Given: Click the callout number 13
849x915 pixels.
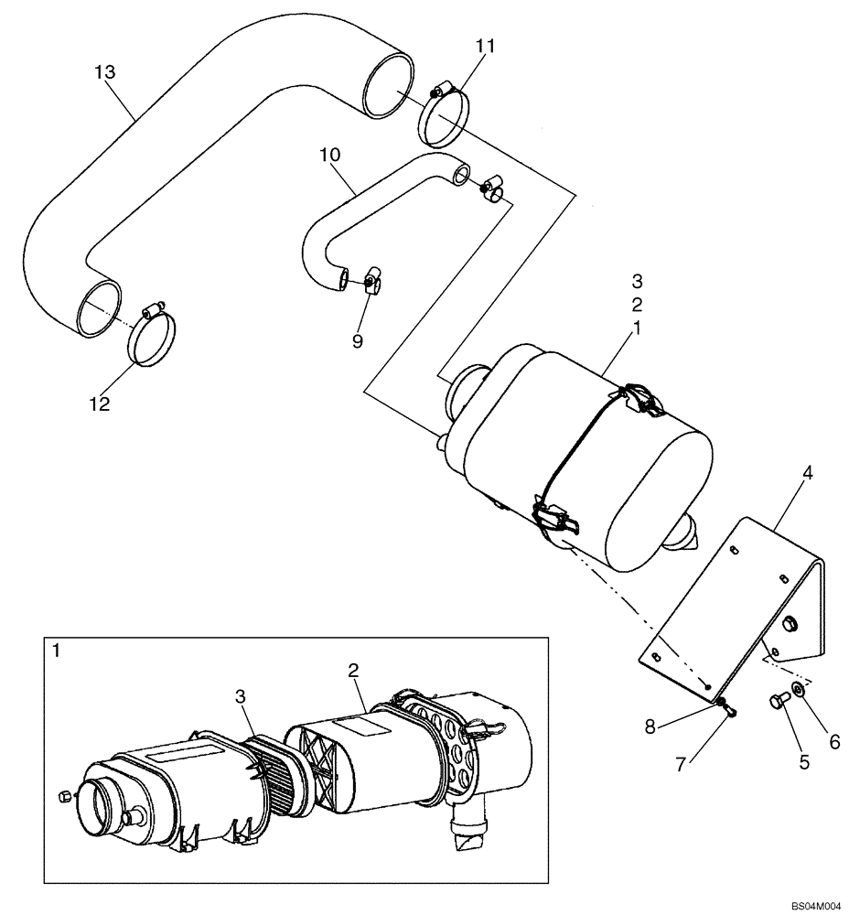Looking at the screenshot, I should [106, 72].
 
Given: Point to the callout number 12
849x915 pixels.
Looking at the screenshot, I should [99, 404].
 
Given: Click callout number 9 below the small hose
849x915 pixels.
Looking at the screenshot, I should [358, 340].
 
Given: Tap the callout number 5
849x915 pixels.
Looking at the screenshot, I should [804, 761].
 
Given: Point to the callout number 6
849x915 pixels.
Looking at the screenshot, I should [833, 743].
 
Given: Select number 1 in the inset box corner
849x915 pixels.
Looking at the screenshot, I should [57, 651].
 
